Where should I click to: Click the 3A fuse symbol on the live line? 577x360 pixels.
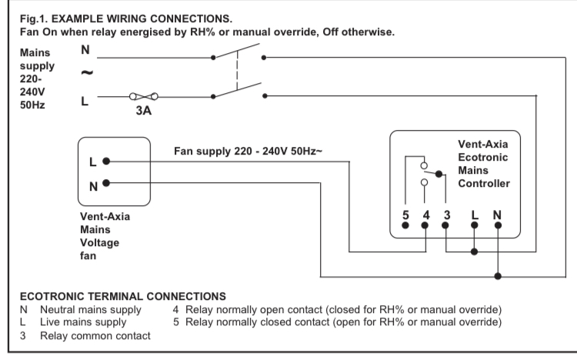(144, 97)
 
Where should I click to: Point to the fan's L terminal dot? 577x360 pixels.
(106, 162)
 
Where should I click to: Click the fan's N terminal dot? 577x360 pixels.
(106, 183)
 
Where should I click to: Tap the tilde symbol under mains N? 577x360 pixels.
(87, 74)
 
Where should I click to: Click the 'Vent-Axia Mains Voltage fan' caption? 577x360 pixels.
(105, 235)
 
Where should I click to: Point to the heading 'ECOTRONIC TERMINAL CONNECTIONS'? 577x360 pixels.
(122, 296)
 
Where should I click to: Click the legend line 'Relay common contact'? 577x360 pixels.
(95, 336)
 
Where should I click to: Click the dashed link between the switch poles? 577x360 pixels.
(238, 75)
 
